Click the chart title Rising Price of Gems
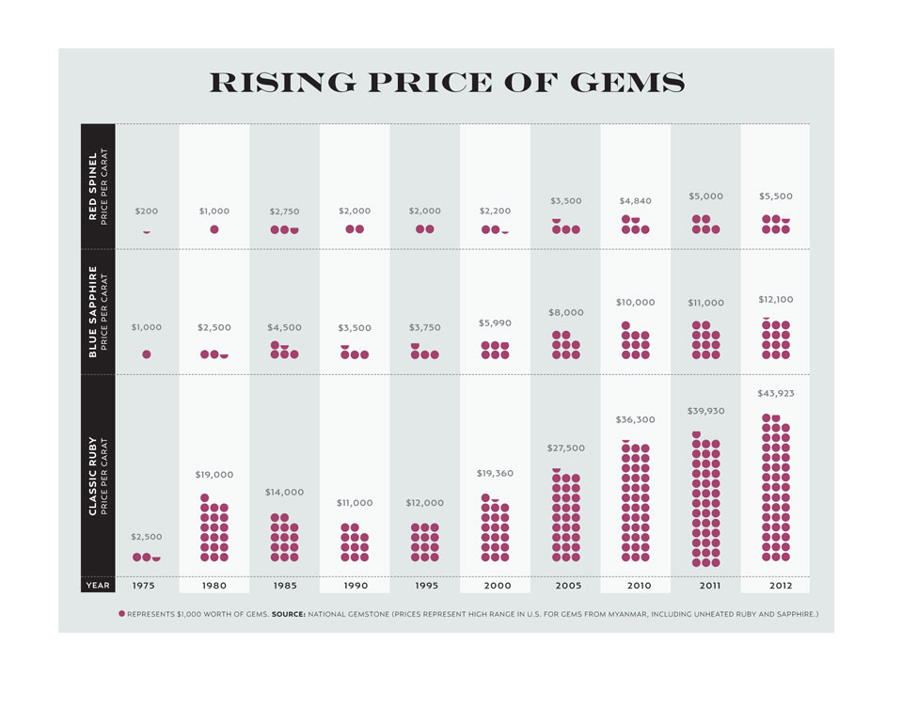point(447,83)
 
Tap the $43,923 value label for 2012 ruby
point(776,393)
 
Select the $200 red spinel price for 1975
point(147,212)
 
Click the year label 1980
point(214,585)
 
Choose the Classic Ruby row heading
point(98,476)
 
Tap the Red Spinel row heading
point(98,186)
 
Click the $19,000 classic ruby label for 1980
point(214,475)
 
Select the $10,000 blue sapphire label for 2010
point(636,303)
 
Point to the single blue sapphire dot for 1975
point(147,354)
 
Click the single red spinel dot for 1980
point(214,229)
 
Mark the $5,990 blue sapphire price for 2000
point(496,322)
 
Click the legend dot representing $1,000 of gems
point(121,614)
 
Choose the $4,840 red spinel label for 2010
point(636,201)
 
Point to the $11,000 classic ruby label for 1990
point(355,503)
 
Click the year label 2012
point(776,585)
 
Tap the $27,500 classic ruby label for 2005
point(566,448)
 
